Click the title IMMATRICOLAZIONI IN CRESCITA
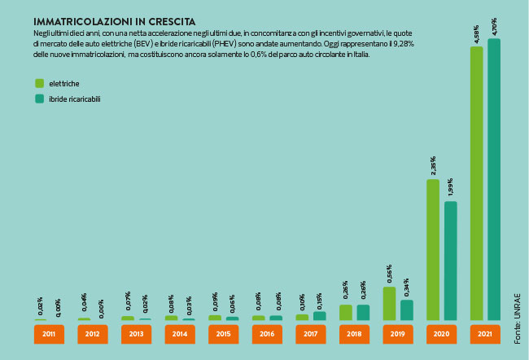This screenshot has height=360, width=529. [102, 20]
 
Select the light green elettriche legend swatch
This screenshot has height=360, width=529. [39, 83]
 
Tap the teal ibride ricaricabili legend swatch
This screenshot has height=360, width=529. [39, 99]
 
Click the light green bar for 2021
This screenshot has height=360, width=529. [477, 183]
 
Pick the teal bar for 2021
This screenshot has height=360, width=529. [494, 179]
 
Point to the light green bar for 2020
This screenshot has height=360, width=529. [433, 249]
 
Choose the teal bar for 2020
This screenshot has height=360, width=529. [450, 261]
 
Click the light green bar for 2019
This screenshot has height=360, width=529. [389, 303]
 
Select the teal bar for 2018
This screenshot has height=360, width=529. [363, 312]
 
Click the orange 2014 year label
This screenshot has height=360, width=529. [179, 334]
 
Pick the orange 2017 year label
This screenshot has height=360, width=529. [310, 334]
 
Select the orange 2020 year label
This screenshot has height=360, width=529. [441, 334]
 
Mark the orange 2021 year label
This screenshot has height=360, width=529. [485, 334]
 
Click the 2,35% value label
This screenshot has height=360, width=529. [433, 166]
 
